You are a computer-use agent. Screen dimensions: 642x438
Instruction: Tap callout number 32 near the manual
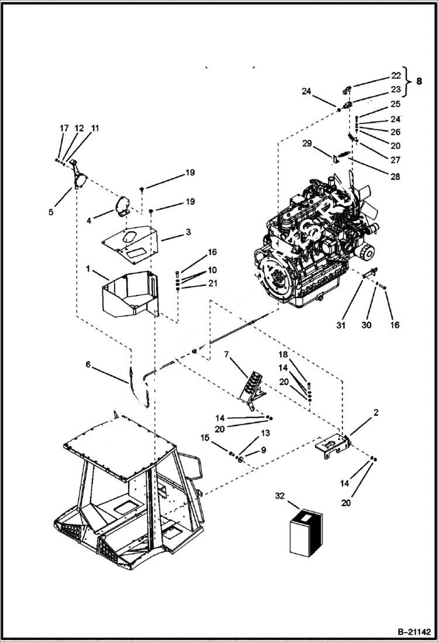tap(280, 496)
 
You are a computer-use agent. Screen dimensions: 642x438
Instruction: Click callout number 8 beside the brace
tap(418, 82)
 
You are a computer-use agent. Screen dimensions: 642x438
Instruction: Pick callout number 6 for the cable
tap(88, 364)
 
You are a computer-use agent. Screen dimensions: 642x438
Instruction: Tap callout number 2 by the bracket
tap(375, 413)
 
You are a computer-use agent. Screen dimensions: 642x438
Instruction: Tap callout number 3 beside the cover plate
tap(188, 232)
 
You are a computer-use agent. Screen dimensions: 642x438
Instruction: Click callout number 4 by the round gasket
tap(88, 221)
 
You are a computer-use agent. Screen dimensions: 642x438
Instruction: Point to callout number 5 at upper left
tap(51, 212)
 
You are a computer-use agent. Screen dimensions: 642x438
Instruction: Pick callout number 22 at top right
tap(396, 75)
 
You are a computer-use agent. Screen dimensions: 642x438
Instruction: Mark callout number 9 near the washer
tap(263, 450)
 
